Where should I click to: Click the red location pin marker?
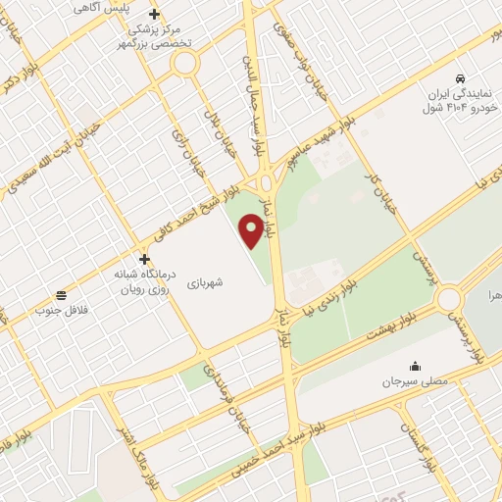point(252,230)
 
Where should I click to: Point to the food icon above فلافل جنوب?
point(62,294)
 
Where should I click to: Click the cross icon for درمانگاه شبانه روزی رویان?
point(145,260)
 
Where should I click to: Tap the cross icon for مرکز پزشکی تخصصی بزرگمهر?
point(153,15)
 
